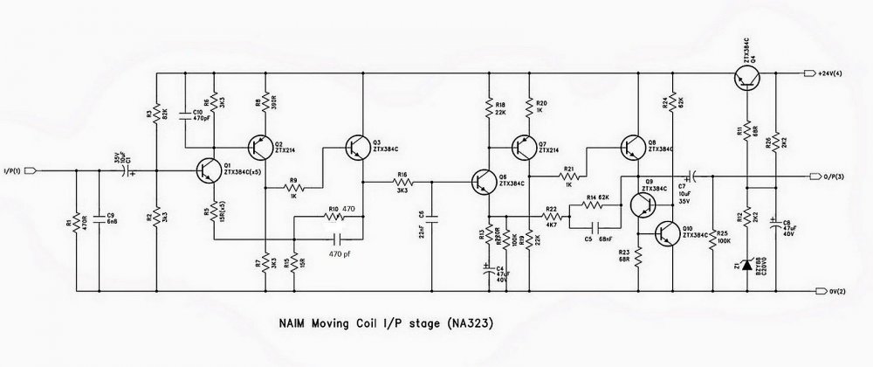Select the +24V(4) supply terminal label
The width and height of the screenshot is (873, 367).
833,74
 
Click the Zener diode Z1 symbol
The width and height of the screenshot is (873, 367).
746,263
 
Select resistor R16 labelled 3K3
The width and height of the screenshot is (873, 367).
402,182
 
